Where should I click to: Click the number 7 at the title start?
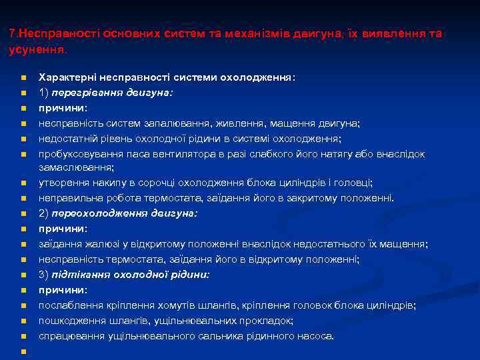click(x=13, y=33)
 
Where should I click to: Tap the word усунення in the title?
click(x=37, y=49)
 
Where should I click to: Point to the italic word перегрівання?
click(x=85, y=93)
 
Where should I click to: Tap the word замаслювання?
click(x=75, y=167)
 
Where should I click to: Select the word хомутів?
click(x=177, y=305)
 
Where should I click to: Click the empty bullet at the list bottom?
click(x=23, y=351)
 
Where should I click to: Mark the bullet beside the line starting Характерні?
click(x=23, y=77)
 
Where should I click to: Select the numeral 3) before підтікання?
click(x=44, y=275)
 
